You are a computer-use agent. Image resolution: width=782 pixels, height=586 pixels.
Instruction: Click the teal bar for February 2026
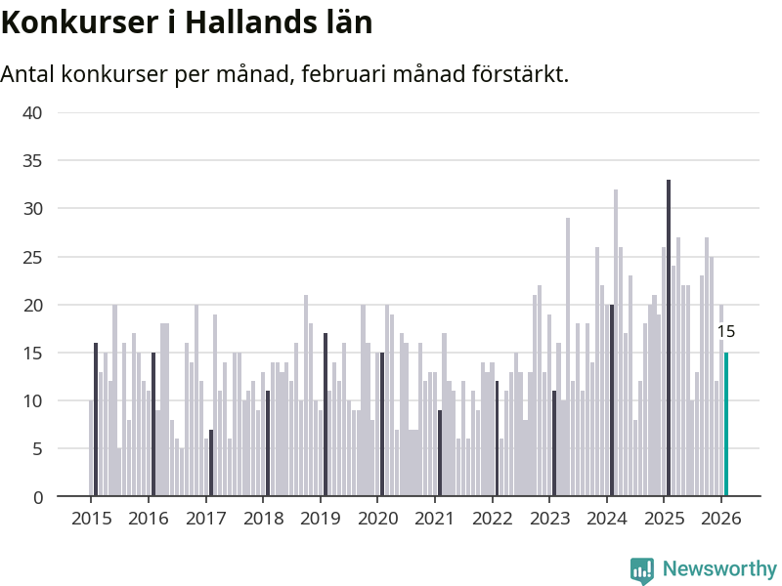(726, 425)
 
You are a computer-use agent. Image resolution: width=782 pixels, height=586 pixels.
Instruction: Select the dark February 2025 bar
(669, 338)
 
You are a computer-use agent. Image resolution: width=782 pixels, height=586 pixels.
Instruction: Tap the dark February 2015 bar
(96, 420)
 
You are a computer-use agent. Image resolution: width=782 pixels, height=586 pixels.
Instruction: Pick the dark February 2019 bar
(326, 415)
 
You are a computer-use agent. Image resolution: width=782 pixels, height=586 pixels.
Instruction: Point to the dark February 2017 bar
(211, 463)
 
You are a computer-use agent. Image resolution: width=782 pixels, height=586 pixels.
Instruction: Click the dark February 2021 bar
(440, 453)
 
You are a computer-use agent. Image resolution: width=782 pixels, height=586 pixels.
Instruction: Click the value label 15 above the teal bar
(725, 332)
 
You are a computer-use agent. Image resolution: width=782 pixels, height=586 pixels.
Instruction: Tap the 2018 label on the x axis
(262, 518)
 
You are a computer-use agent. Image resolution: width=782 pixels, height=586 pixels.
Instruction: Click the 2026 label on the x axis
(720, 518)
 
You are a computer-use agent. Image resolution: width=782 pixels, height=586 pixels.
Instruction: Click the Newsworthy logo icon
(642, 570)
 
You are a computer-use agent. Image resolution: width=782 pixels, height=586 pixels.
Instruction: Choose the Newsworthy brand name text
(719, 569)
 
